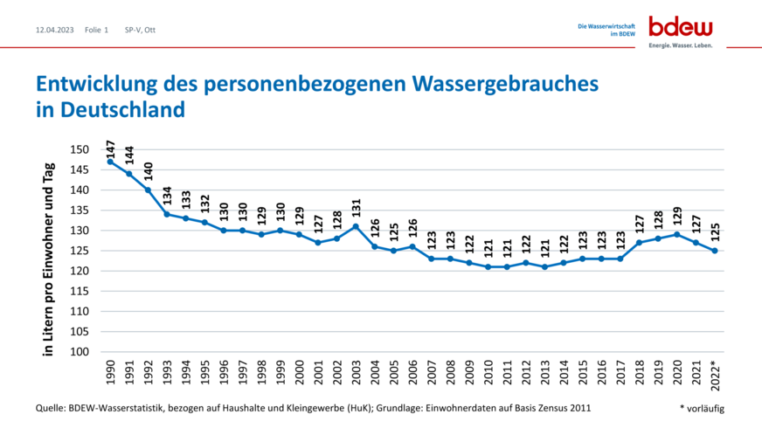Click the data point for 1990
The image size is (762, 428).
tap(110, 162)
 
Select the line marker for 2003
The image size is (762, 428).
tap(357, 226)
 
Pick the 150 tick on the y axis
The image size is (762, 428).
tap(80, 150)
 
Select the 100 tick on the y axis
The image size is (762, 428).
tap(80, 352)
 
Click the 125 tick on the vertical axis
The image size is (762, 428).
tap(80, 251)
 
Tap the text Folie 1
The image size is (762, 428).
tap(96, 30)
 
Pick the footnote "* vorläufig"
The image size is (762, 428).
tap(702, 408)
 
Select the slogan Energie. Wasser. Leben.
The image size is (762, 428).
tap(681, 44)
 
